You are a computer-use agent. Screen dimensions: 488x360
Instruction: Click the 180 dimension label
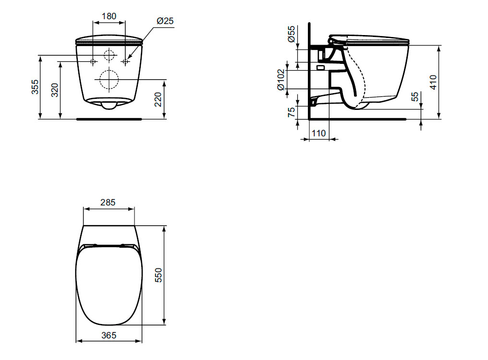(x=109, y=16)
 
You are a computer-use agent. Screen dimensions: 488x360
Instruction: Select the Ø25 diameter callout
(x=165, y=21)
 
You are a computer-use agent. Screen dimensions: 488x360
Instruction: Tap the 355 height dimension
(x=36, y=87)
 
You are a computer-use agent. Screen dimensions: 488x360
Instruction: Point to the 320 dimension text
(x=55, y=90)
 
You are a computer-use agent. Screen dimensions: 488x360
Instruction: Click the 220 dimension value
(x=159, y=99)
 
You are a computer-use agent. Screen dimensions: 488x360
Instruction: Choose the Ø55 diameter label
(x=291, y=34)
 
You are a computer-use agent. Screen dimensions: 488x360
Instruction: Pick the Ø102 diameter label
(x=281, y=80)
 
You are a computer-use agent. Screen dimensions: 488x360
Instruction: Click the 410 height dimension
(x=433, y=82)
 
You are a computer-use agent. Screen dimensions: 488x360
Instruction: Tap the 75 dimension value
(x=291, y=112)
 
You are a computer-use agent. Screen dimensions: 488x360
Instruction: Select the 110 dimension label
(x=319, y=133)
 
